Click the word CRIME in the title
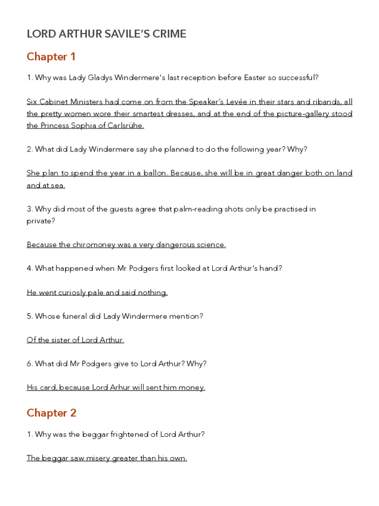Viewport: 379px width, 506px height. (169, 34)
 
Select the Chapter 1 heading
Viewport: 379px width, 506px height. (51, 57)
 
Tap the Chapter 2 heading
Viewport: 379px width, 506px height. (51, 413)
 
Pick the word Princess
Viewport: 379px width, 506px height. (58, 126)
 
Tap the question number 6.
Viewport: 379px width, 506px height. (30, 364)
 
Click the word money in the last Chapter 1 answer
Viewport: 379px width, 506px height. (192, 388)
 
